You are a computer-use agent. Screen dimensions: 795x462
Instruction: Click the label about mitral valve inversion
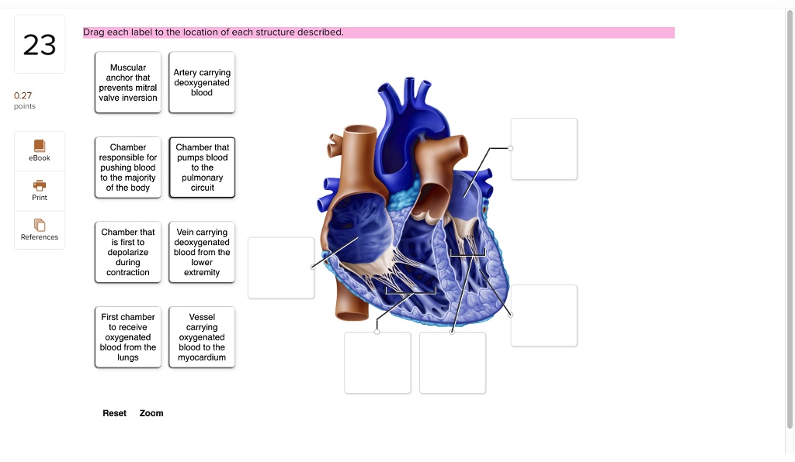[128, 82]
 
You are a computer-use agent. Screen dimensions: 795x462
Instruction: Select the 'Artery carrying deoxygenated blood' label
[202, 82]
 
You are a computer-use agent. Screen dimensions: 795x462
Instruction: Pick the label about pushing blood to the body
[128, 167]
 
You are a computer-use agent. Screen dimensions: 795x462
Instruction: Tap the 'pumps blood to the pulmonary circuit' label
[202, 167]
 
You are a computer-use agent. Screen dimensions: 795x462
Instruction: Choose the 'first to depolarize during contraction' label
[128, 252]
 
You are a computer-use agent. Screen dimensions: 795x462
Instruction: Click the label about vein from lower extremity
[202, 252]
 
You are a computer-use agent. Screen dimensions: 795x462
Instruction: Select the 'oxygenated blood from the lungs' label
[128, 337]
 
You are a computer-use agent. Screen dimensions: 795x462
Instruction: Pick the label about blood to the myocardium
[202, 337]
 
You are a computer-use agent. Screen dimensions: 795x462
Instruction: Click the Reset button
[115, 413]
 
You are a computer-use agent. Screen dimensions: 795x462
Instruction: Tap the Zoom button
[151, 413]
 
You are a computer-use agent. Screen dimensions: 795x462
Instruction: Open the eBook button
[40, 151]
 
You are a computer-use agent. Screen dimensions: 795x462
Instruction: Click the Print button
[40, 191]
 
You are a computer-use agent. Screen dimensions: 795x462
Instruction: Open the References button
[40, 229]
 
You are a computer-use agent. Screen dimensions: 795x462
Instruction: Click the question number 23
[40, 44]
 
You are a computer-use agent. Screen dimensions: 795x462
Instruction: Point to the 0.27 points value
[23, 95]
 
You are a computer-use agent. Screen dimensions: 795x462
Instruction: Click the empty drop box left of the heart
[281, 267]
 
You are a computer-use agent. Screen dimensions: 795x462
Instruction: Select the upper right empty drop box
[544, 149]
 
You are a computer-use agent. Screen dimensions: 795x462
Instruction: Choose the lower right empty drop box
[544, 315]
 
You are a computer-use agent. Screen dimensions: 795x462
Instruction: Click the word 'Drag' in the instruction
[94, 33]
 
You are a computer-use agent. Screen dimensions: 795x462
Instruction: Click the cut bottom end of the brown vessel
[352, 316]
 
